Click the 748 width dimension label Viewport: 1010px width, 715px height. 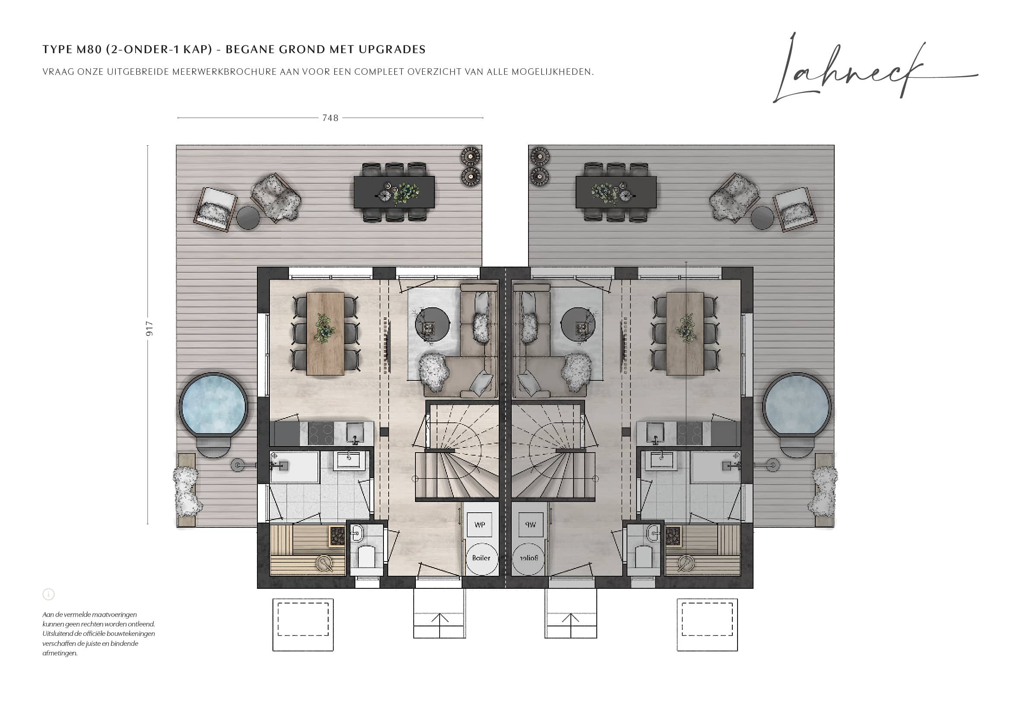pos(330,118)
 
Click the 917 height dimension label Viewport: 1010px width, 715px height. pos(149,329)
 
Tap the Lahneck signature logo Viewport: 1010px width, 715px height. pos(875,68)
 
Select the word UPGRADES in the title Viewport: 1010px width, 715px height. pos(392,49)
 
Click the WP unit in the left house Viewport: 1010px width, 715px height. pos(479,524)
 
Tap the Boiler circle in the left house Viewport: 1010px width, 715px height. pos(481,558)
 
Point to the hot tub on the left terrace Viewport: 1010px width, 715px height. pos(214,404)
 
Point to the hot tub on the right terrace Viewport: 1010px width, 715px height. pos(797,404)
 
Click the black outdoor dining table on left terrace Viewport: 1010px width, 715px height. pos(394,192)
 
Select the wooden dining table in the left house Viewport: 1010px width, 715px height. pos(326,334)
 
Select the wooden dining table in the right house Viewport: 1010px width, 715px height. pos(685,334)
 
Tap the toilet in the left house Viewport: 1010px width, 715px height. pos(367,557)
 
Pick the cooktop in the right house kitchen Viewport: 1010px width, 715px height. pos(689,434)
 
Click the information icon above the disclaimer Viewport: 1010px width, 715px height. pos(48,594)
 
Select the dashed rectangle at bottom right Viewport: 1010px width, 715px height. pos(707,619)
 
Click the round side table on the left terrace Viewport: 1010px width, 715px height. pos(248,218)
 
